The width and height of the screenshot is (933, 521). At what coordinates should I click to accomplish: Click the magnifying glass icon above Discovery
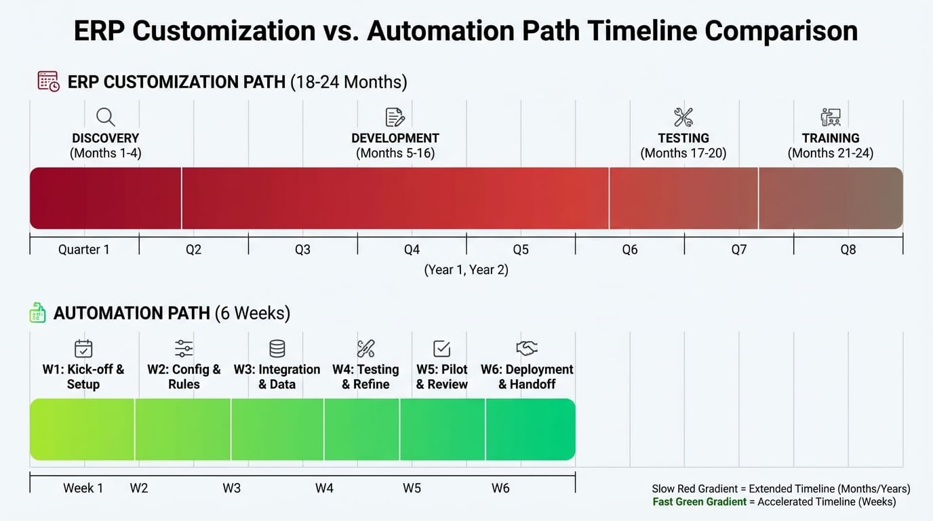pyautogui.click(x=105, y=117)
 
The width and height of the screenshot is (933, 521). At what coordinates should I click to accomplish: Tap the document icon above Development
pyautogui.click(x=395, y=117)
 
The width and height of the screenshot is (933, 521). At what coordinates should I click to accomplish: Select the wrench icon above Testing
pyautogui.click(x=683, y=117)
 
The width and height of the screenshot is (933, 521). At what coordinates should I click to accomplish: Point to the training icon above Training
pyautogui.click(x=830, y=117)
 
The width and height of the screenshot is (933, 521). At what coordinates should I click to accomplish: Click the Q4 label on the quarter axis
pyautogui.click(x=412, y=250)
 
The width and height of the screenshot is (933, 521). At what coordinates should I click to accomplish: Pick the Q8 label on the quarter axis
pyautogui.click(x=848, y=250)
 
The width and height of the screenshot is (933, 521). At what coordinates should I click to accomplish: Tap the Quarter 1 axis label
pyautogui.click(x=83, y=250)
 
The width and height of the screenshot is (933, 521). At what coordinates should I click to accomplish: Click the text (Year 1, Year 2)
pyautogui.click(x=466, y=270)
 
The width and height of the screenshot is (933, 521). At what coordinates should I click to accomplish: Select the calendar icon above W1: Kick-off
pyautogui.click(x=83, y=349)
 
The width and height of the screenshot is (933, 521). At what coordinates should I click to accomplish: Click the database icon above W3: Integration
pyautogui.click(x=277, y=349)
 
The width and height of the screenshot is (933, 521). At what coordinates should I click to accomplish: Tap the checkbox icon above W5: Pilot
pyautogui.click(x=441, y=349)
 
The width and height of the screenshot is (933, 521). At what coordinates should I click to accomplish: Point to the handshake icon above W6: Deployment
pyautogui.click(x=527, y=349)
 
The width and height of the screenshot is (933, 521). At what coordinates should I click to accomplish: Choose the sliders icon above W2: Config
pyautogui.click(x=184, y=349)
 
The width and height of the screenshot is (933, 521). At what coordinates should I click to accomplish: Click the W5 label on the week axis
pyautogui.click(x=412, y=488)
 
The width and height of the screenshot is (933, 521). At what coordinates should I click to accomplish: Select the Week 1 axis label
pyautogui.click(x=83, y=488)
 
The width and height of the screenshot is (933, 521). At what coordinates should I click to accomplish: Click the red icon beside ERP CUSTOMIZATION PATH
pyautogui.click(x=48, y=82)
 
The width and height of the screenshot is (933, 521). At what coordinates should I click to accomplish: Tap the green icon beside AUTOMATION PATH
pyautogui.click(x=38, y=313)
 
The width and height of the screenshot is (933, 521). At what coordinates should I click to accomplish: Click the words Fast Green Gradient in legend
pyautogui.click(x=700, y=502)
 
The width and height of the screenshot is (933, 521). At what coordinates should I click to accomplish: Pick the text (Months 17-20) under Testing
pyautogui.click(x=683, y=153)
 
